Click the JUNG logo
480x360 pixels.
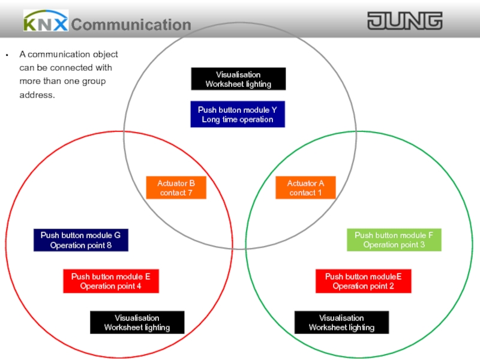click(404, 22)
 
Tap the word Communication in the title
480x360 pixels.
click(131, 25)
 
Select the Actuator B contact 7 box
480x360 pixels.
click(176, 188)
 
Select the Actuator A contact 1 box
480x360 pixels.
click(305, 188)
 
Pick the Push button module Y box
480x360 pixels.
click(238, 115)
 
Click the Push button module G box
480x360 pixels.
click(81, 240)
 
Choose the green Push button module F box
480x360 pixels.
click(394, 240)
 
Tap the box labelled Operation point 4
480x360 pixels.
click(110, 281)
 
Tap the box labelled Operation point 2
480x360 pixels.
click(364, 281)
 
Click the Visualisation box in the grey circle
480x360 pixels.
click(238, 79)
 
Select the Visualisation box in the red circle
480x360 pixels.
click(137, 323)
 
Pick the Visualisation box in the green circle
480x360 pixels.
click(341, 323)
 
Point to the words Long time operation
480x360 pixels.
click(238, 119)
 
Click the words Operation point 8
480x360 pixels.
click(81, 245)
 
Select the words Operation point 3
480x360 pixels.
click(394, 245)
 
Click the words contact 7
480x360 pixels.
click(176, 193)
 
